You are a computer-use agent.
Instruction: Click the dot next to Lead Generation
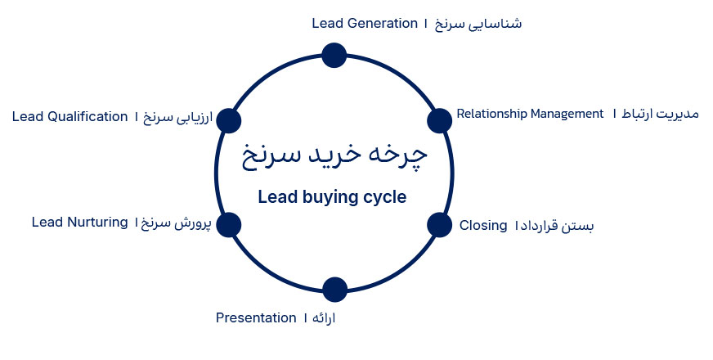pyautogui.click(x=334, y=56)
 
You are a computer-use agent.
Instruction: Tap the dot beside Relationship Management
pyautogui.click(x=439, y=120)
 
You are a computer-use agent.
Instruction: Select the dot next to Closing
pyautogui.click(x=439, y=225)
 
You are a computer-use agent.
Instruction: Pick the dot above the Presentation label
pyautogui.click(x=334, y=290)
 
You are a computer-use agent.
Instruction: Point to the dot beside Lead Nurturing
pyautogui.click(x=228, y=225)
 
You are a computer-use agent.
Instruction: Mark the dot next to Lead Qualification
pyautogui.click(x=228, y=120)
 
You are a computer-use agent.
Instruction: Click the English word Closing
pyautogui.click(x=483, y=226)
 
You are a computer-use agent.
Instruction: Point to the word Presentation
pyautogui.click(x=256, y=317)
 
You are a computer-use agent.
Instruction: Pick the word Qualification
pyautogui.click(x=87, y=116)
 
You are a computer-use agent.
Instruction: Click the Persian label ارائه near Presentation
pyautogui.click(x=324, y=317)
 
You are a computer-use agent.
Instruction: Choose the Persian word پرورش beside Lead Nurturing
pyautogui.click(x=193, y=223)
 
